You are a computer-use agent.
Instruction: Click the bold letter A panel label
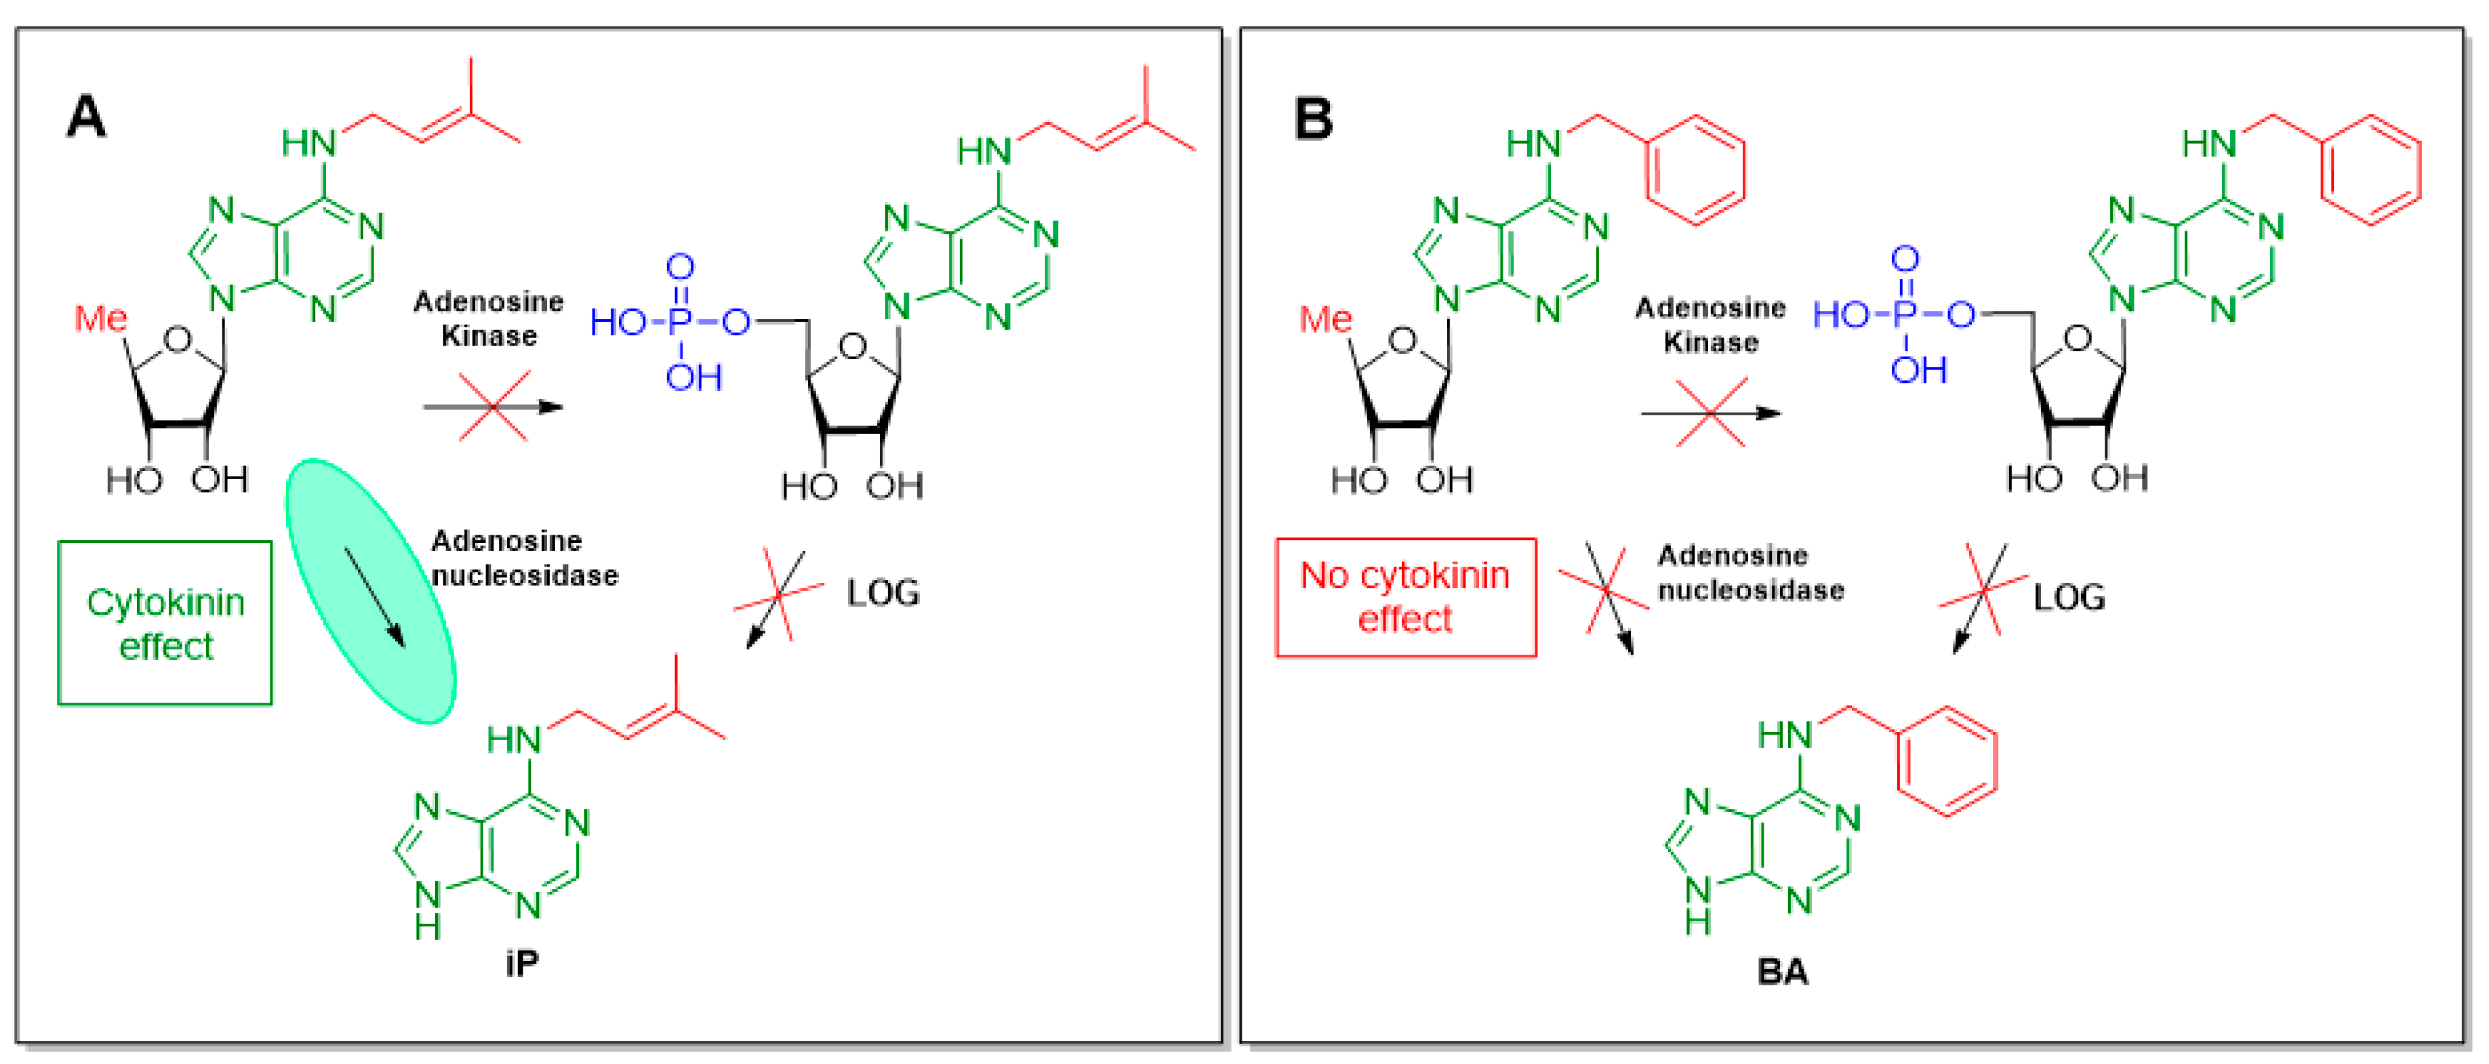click(x=86, y=117)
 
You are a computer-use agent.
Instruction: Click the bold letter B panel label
click(x=1313, y=119)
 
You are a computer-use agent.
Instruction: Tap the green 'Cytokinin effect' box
click(x=165, y=623)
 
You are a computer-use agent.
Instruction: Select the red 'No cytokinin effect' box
click(x=1406, y=597)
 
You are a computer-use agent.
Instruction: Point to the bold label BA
click(x=1783, y=970)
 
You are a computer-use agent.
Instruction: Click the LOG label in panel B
click(x=2069, y=597)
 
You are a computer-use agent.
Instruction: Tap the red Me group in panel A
click(x=100, y=318)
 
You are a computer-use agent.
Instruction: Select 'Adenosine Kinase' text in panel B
click(x=1710, y=325)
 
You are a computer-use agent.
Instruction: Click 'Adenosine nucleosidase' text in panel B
click(x=1751, y=572)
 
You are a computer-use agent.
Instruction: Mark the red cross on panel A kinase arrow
click(x=493, y=407)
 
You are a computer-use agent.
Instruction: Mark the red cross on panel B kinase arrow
click(x=1711, y=413)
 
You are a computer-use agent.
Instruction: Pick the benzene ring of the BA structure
click(x=1947, y=762)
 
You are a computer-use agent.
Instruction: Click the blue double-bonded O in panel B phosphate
click(x=1905, y=258)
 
